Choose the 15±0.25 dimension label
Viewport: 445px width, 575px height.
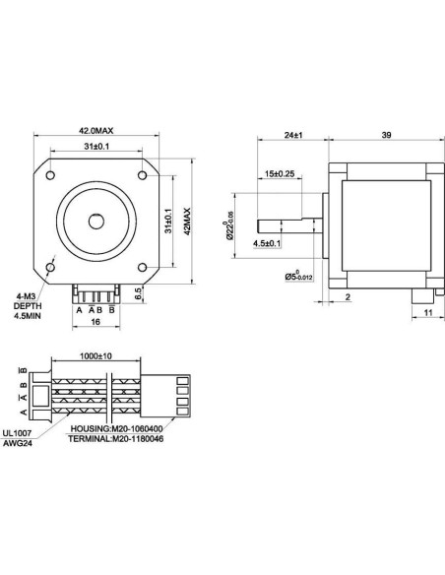coord(282,175)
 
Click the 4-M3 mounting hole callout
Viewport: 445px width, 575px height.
coord(28,294)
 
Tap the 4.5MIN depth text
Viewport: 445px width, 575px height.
coord(28,318)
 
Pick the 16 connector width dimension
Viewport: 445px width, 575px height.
coord(95,322)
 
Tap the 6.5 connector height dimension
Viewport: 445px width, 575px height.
coord(139,292)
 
